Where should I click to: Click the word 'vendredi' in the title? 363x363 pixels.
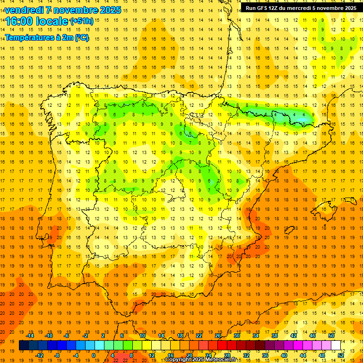point(26,10)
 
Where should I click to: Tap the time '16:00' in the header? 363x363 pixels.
point(20,21)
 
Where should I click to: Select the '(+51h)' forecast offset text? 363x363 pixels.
point(82,21)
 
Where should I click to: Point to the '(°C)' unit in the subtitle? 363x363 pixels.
point(81,37)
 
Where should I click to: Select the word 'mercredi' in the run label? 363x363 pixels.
point(297,8)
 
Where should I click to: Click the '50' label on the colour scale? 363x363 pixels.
point(331,336)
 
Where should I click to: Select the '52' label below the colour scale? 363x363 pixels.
point(340,355)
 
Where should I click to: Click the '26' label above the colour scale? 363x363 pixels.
point(218,336)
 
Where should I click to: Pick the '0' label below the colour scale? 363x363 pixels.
point(94,355)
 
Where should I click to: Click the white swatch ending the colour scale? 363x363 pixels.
point(336,346)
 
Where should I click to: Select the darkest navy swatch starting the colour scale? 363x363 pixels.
point(24,346)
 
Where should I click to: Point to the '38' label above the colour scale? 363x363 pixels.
point(274,336)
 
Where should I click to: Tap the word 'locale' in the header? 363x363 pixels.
point(52,21)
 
